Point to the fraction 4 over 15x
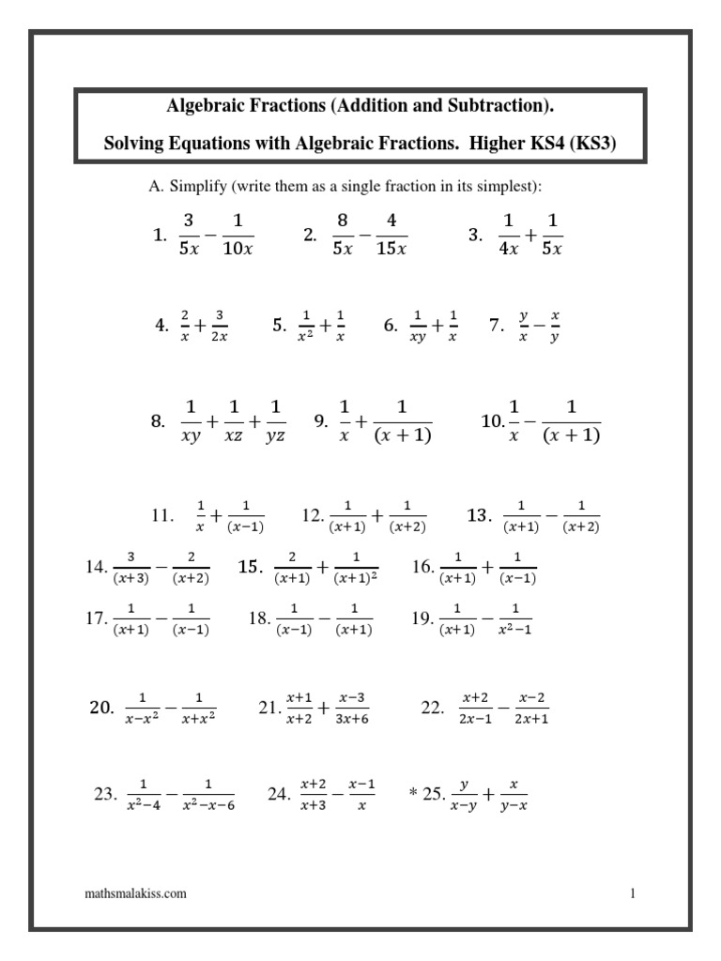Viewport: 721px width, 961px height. click(391, 235)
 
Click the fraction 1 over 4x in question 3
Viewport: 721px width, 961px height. click(510, 235)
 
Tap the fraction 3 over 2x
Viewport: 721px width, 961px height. click(218, 326)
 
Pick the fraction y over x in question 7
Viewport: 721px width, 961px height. click(524, 326)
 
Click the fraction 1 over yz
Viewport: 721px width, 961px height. click(275, 421)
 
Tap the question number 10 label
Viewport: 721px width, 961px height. click(492, 421)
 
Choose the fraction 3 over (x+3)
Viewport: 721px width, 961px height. click(131, 567)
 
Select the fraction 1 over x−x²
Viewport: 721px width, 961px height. click(143, 709)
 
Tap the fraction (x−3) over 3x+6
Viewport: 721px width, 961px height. click(352, 709)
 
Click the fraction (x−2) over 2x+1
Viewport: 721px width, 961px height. click(531, 709)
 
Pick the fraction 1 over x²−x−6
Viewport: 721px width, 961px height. click(207, 794)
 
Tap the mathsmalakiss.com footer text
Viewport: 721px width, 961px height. click(135, 893)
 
